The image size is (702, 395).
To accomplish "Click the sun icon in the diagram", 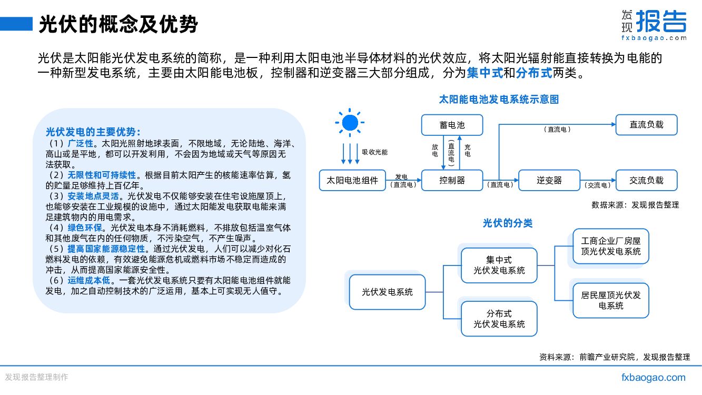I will point(349,123).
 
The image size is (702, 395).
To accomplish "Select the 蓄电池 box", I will point(452,125).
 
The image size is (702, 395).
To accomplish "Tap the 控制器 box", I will point(452,180).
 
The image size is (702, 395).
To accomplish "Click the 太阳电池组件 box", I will point(352,180).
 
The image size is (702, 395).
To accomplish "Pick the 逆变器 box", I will point(549,180).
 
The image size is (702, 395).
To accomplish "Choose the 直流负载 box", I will point(646,125).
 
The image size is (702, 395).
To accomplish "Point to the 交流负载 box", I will point(646,180).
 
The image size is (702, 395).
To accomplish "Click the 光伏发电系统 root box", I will point(387,292).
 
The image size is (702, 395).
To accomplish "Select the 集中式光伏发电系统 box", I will point(499,265).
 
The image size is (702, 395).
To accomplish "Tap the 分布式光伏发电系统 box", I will point(499,319).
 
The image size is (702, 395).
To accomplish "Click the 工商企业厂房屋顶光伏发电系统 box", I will point(611,246).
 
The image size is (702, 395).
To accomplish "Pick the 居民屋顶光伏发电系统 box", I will point(611,300).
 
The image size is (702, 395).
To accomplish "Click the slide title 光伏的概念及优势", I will point(118,24).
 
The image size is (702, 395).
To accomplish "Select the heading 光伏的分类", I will point(508,223).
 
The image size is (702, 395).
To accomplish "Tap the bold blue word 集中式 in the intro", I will point(485,73).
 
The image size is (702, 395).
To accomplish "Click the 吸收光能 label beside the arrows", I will point(374,152).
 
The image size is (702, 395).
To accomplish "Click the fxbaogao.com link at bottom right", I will point(654,377).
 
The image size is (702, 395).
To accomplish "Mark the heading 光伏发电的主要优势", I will point(93,132).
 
